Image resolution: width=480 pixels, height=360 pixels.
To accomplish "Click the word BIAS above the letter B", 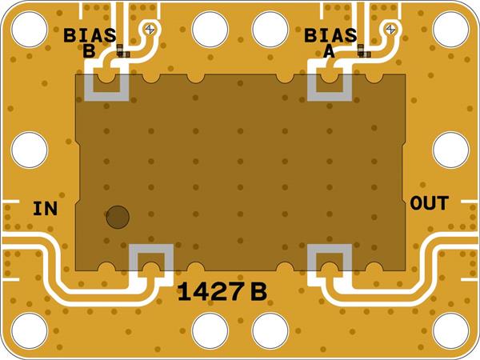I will pos(90,35).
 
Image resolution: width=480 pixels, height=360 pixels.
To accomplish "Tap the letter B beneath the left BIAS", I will pos(89,52).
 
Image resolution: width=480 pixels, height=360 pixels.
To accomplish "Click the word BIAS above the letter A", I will pos(330,35).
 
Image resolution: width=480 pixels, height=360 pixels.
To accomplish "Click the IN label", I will pos(45,210).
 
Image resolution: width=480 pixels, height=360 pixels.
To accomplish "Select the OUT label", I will pos(429,203).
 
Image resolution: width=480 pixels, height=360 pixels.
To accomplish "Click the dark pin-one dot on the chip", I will pos(118,216).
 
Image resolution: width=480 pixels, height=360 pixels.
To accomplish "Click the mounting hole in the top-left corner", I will pos(30,30).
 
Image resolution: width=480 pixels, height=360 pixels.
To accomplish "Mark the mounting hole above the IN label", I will pos(30,150).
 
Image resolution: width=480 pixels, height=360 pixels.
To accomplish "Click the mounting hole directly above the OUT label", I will pos(450,150).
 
